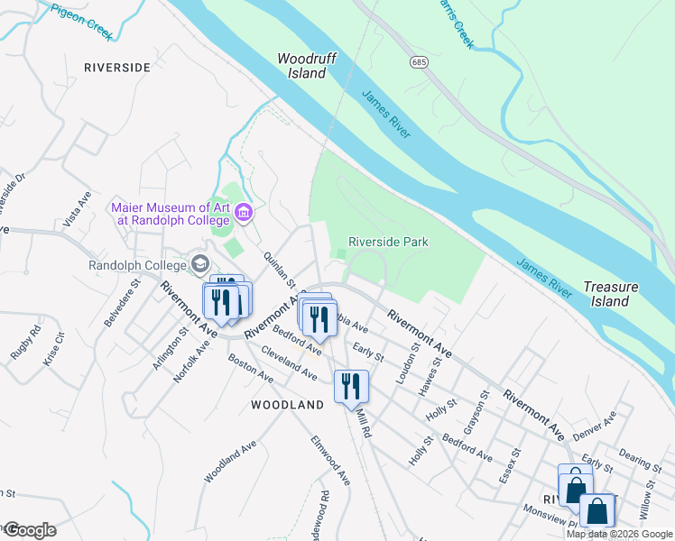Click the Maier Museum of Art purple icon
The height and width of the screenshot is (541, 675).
click(x=243, y=213)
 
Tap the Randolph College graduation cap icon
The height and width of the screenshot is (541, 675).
click(x=199, y=265)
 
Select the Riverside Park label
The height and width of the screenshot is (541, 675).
click(x=388, y=242)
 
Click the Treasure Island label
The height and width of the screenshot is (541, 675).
click(x=610, y=294)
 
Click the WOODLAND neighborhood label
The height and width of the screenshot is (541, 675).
click(x=287, y=406)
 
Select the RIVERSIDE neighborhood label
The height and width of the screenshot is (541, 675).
click(x=116, y=68)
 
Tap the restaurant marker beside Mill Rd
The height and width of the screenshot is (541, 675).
click(x=351, y=386)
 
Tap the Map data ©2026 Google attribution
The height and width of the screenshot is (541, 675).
click(x=620, y=534)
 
